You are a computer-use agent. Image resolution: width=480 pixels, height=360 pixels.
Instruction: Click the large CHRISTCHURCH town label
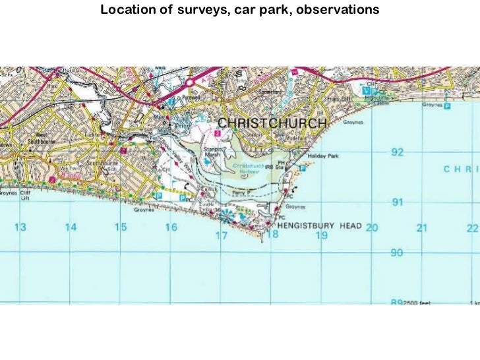point(272,123)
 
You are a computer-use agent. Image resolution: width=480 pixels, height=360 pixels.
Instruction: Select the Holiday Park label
point(322,156)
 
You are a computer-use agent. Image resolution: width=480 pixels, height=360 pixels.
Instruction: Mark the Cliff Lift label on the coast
point(25,196)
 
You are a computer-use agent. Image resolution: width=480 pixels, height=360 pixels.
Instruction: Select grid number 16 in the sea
point(171,227)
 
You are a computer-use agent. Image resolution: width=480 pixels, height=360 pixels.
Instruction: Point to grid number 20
point(372,227)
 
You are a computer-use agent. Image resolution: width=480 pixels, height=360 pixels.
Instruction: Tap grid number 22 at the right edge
point(471,228)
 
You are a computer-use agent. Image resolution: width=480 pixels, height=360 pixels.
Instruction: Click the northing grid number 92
point(397,152)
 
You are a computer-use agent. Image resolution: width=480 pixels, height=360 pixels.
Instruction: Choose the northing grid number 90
point(397,253)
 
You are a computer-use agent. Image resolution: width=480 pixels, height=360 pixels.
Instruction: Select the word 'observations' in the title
point(338,11)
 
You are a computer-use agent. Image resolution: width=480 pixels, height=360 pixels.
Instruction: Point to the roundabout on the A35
point(189,82)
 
